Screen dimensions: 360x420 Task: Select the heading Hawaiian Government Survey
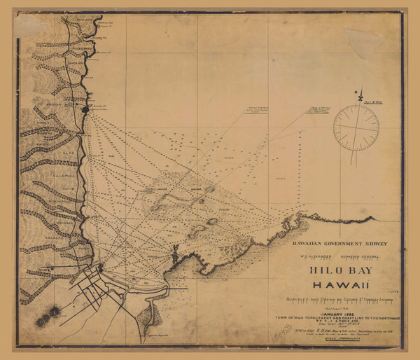(335, 244)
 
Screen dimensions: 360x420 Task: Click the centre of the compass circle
(356, 127)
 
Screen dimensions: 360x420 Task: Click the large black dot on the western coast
(86, 109)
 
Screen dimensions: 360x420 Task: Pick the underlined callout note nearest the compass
(321, 110)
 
